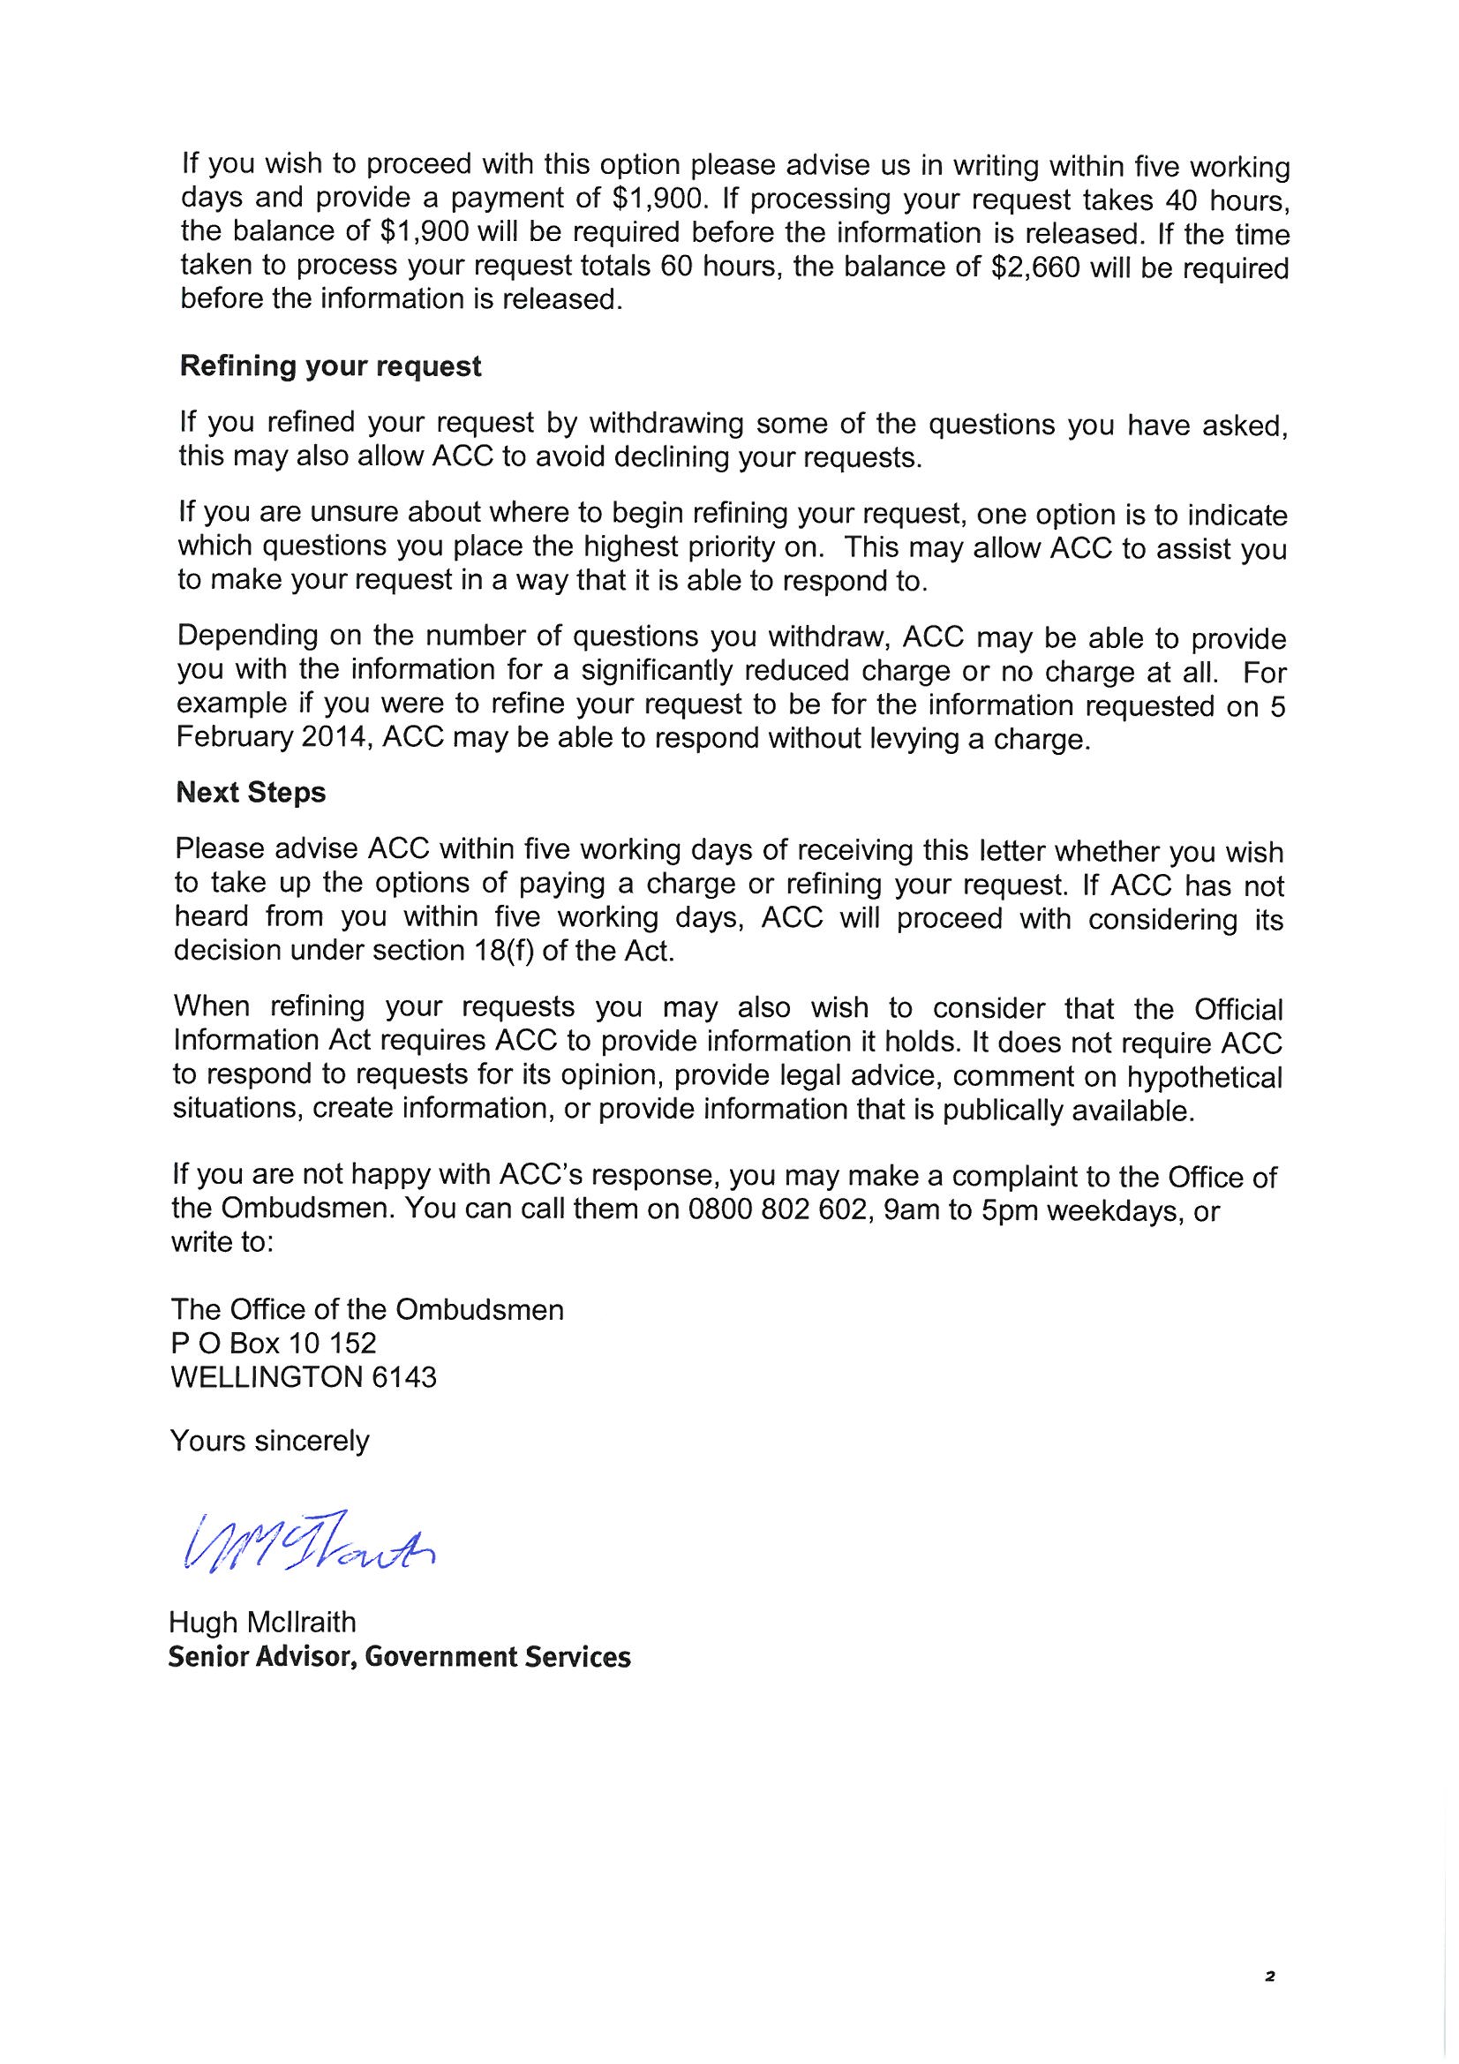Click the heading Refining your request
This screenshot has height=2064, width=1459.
tap(330, 366)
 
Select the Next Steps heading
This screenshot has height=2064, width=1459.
tap(251, 793)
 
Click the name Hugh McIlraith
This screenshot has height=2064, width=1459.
tap(261, 1623)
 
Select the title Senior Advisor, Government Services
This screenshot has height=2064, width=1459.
tap(399, 1657)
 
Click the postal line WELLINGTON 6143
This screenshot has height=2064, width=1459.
tap(303, 1377)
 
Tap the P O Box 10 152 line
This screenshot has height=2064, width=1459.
tap(274, 1343)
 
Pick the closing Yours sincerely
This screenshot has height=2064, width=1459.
tap(270, 1441)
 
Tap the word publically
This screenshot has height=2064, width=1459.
tap(1004, 1111)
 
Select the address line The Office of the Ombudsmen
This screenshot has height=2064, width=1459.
tap(367, 1309)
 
